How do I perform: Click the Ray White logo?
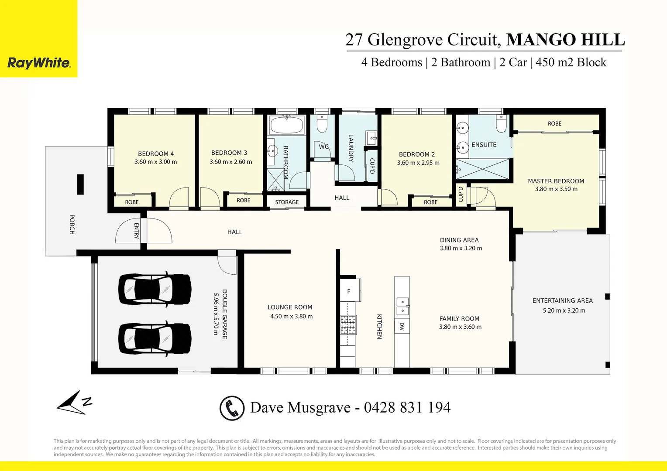[39, 63]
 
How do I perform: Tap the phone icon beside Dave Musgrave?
[232, 408]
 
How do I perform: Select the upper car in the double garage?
[155, 289]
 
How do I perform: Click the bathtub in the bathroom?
[286, 126]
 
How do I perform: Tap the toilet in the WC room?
[322, 123]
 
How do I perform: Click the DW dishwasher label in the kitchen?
[402, 326]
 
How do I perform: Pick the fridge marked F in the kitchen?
[349, 291]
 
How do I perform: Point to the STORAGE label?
[287, 202]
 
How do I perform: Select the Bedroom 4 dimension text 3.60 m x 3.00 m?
[156, 162]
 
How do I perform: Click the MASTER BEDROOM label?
[556, 181]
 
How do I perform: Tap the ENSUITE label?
[484, 145]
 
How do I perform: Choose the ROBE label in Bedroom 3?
[243, 201]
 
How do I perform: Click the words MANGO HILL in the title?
[565, 40]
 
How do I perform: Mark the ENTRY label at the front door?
[136, 231]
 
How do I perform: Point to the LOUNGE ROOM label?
[290, 307]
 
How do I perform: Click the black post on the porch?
[80, 184]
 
